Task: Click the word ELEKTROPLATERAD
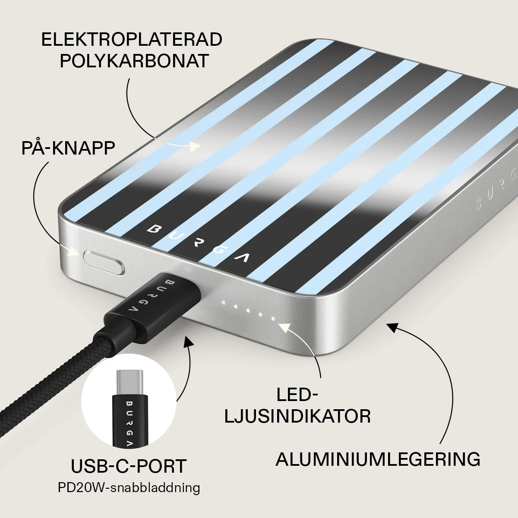tap(132, 39)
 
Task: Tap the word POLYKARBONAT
tap(134, 61)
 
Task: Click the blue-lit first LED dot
tap(223, 302)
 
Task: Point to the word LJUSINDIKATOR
tap(297, 417)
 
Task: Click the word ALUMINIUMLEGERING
tap(378, 459)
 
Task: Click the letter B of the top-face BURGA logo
tap(154, 229)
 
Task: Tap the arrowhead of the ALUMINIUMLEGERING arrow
tap(394, 327)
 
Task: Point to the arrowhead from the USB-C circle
tap(189, 341)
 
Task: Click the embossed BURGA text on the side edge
tap(497, 190)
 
